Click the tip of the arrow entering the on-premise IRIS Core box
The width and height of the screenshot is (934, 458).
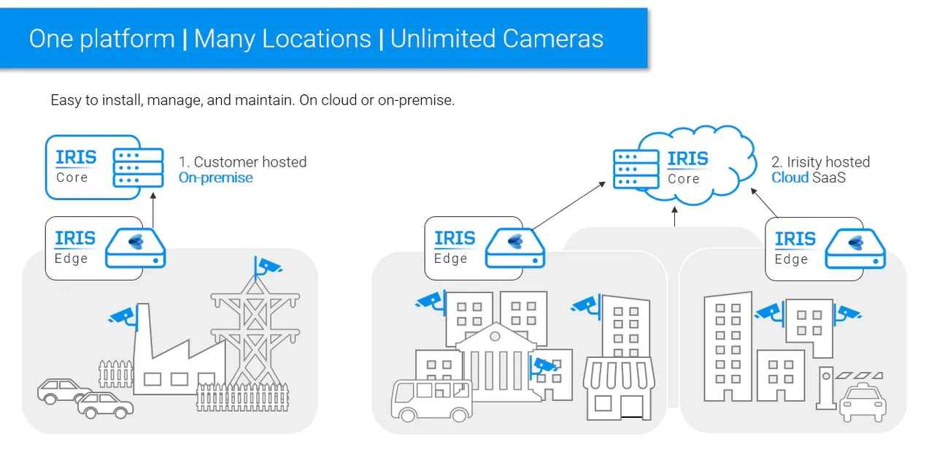[153, 192]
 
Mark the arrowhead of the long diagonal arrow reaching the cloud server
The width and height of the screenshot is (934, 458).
[606, 182]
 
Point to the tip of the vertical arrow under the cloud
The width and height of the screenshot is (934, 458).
[675, 207]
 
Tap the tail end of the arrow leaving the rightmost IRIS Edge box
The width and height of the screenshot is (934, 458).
[777, 217]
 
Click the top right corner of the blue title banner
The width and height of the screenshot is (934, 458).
[647, 8]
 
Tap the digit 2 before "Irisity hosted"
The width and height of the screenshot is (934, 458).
[776, 162]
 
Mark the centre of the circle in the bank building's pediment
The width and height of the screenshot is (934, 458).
[495, 336]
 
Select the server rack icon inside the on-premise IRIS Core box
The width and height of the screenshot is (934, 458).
[138, 168]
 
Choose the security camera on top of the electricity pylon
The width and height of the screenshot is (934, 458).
[268, 267]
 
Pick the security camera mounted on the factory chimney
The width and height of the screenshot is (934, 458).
[123, 316]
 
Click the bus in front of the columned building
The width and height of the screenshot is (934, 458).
[431, 400]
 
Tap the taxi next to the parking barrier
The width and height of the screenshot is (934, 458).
[862, 403]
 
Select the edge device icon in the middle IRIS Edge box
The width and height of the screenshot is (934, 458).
[515, 248]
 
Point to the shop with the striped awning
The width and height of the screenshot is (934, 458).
[619, 389]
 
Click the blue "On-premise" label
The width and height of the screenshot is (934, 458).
[215, 178]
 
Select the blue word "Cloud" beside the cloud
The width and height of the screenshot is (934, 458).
[790, 178]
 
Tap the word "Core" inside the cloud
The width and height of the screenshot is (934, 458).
[684, 179]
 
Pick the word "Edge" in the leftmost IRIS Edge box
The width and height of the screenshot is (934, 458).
[72, 259]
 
